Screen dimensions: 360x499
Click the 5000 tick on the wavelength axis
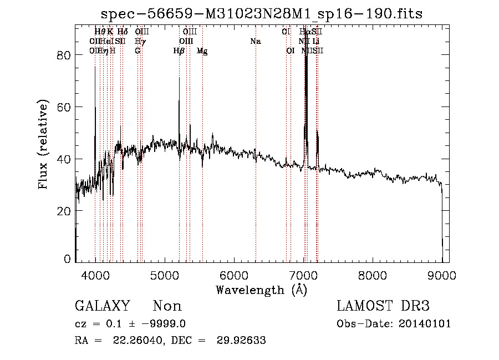pos(165,275)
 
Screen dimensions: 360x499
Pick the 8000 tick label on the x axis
pos(373,275)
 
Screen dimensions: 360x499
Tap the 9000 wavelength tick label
pos(442,275)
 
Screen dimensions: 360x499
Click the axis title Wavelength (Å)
pos(261,290)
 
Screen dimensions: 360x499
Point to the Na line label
pos(256,42)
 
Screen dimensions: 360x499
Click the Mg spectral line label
pos(202,51)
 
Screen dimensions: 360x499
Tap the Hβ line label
pos(179,51)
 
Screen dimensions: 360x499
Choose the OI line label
pos(290,51)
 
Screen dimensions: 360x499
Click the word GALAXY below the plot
pos(102,306)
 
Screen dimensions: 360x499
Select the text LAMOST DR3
pos(383,306)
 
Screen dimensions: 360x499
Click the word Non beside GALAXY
pos(167,306)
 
